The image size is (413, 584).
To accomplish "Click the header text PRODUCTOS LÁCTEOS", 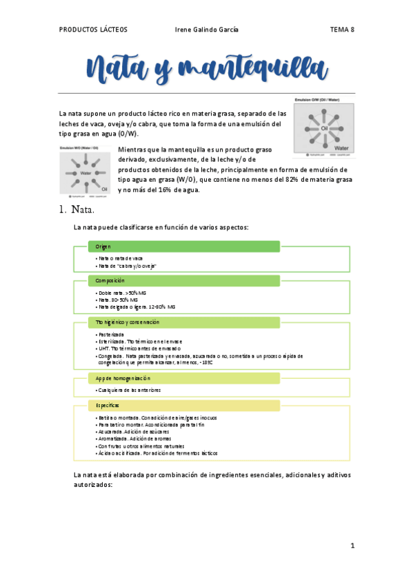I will (93, 30).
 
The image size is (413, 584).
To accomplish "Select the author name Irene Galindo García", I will (208, 30).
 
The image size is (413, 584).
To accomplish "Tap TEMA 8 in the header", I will (342, 30).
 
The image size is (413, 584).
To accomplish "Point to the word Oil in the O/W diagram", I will (323, 129).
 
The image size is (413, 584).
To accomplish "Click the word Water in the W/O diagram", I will (86, 173).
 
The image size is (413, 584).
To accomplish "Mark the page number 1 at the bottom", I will (352, 545).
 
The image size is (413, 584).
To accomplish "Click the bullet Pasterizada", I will (111, 334).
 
